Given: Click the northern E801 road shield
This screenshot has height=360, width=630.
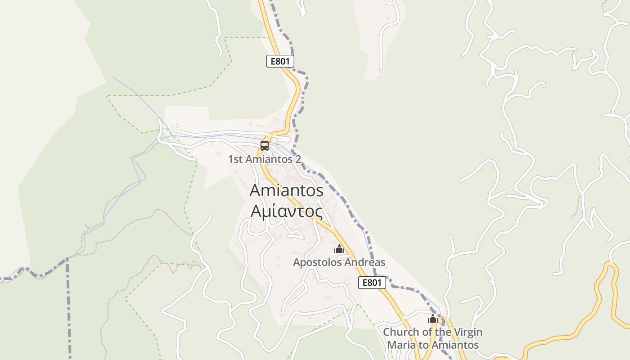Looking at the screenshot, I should coord(280,61).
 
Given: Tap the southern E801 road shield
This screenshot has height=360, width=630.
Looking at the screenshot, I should coord(372,283).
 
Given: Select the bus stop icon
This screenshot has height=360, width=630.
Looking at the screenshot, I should coord(265,146).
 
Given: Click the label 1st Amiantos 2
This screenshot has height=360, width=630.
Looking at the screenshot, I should coord(264,159).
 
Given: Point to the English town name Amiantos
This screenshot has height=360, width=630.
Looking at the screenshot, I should coord(286,190).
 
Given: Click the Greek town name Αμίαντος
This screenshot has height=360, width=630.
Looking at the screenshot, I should coord(286,211).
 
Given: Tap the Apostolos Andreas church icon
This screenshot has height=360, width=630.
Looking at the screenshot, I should coord(339,249).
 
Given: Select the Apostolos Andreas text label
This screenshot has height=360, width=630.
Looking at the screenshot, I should coord(339,262).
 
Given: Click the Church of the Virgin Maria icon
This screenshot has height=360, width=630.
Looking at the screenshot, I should coord(433,319).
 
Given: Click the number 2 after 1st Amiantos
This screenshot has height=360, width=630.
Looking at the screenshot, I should coord(297,159).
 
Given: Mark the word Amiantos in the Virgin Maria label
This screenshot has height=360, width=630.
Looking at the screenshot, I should coord(454,346).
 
